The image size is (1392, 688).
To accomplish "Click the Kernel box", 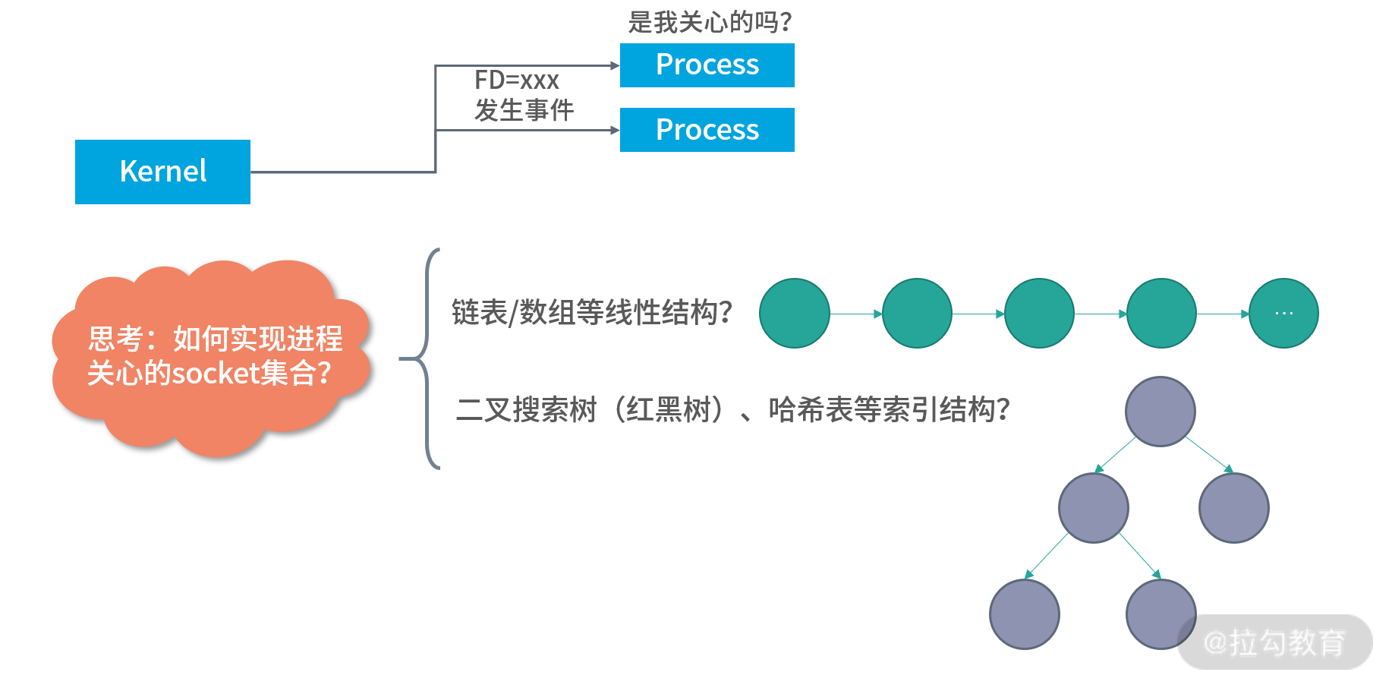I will point(162,172).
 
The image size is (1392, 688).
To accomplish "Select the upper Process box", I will point(707,65).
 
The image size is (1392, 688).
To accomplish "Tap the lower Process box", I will point(707,130).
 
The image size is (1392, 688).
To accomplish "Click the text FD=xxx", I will point(516,80).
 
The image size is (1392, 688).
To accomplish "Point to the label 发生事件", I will point(524,111).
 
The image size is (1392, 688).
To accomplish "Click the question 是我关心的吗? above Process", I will point(710,22).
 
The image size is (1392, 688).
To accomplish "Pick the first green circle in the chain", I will point(795,314).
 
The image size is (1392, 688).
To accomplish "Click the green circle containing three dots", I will point(1283,314).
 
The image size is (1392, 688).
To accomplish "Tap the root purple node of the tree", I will point(1160,412).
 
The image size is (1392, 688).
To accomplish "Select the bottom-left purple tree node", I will point(1025,614).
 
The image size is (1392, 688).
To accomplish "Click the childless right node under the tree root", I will point(1233,508).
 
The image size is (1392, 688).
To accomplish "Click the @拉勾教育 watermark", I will point(1275,642).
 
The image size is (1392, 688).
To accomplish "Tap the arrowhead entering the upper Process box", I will point(616,66).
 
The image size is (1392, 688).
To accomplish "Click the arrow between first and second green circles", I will point(856,314).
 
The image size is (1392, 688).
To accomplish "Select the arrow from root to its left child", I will point(1116,455).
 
